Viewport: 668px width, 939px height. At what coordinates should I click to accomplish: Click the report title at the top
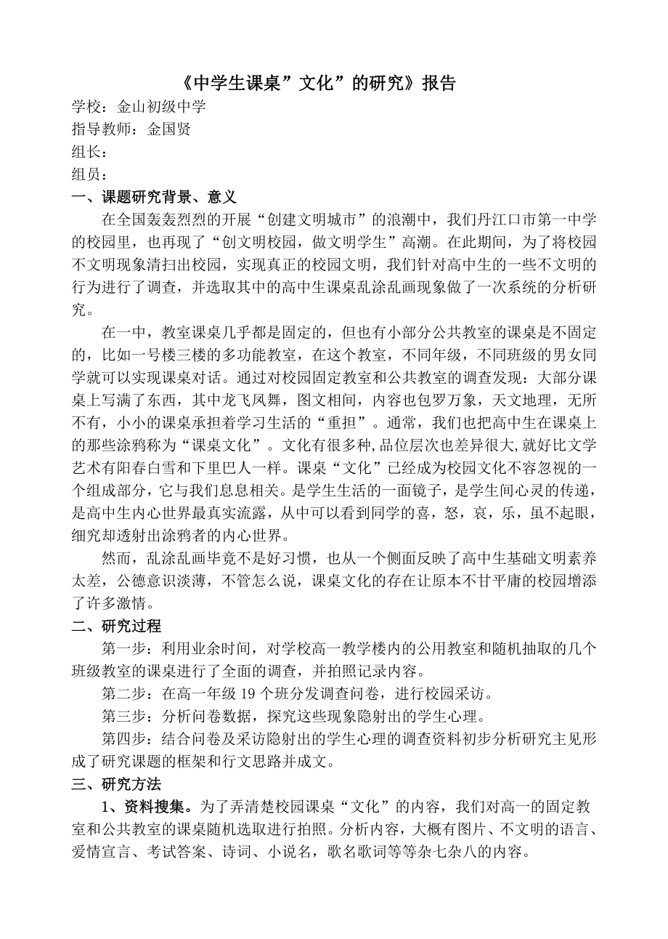point(317,83)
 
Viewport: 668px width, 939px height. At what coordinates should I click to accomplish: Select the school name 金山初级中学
point(160,107)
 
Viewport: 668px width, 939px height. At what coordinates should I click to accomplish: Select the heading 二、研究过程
point(116,626)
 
